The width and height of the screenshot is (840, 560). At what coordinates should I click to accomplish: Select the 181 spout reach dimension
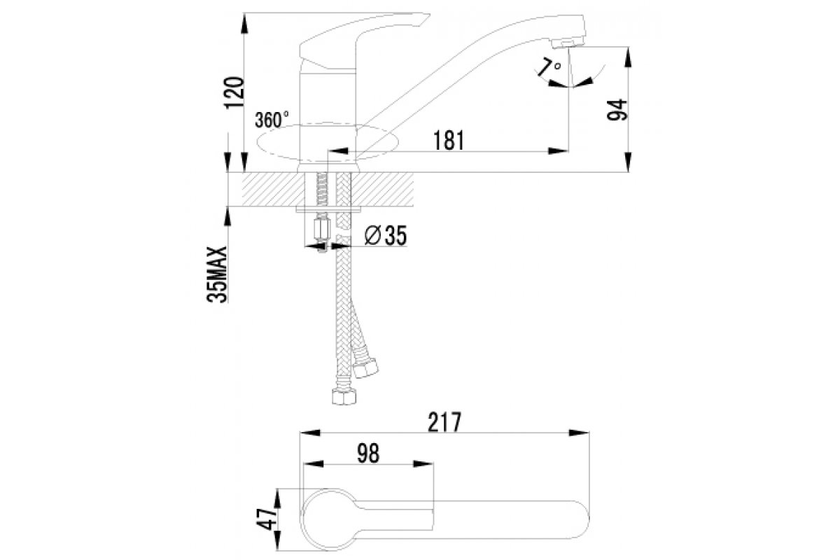449,140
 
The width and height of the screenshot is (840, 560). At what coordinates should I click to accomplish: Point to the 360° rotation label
272,119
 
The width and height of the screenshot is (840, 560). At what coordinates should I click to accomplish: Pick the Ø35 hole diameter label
386,237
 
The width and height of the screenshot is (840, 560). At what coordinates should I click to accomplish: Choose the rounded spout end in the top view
581,519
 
